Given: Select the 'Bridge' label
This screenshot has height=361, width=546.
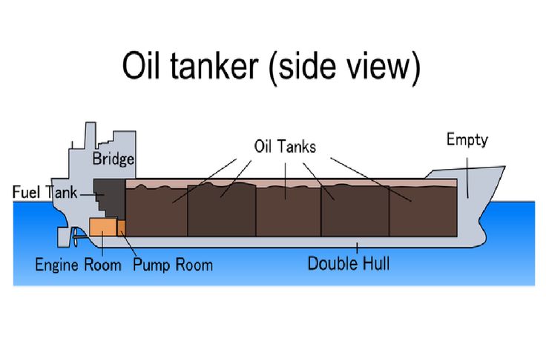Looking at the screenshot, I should click(x=113, y=159).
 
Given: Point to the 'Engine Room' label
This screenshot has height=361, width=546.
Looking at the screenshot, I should click(x=78, y=264).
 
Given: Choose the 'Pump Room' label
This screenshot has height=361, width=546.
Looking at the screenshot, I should click(x=172, y=264).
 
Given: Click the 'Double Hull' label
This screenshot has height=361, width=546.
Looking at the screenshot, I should click(x=348, y=263).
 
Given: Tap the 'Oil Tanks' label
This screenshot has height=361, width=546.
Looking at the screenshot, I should click(x=285, y=147).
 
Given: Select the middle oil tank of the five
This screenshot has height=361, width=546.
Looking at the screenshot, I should click(x=288, y=211).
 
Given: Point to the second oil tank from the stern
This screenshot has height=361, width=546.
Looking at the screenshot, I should click(x=221, y=211).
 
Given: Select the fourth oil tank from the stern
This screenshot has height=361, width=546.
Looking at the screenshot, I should click(x=354, y=211).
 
